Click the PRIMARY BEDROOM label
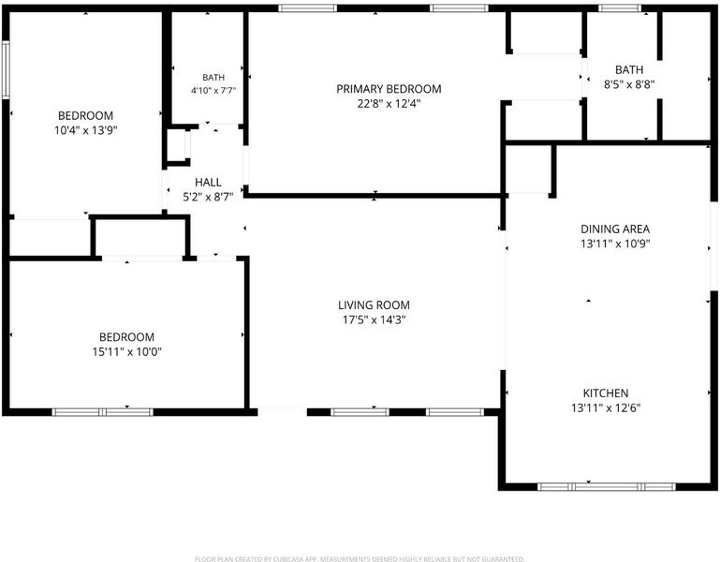click(x=389, y=89)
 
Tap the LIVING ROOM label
click(x=374, y=305)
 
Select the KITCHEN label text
click(x=606, y=393)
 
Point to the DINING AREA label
click(x=615, y=229)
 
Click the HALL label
click(x=208, y=183)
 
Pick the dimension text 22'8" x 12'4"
click(x=389, y=103)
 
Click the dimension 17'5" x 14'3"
click(x=374, y=319)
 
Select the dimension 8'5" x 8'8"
click(x=629, y=84)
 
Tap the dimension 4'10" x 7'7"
click(x=213, y=91)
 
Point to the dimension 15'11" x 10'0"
click(x=126, y=352)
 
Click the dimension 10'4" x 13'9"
click(x=86, y=130)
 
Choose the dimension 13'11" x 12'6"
click(x=606, y=408)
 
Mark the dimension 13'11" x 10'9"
click(x=615, y=244)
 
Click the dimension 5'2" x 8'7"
click(x=208, y=197)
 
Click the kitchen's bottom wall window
click(x=607, y=487)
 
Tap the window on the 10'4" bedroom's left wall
click(x=6, y=69)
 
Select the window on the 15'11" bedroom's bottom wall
click(x=102, y=412)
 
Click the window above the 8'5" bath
click(x=620, y=7)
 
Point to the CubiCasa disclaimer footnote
click(x=360, y=559)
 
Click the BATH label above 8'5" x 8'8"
click(x=629, y=70)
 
